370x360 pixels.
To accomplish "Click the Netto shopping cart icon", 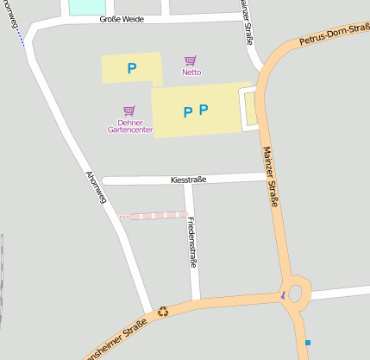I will point(191,61).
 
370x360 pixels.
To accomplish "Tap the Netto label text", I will point(191,73).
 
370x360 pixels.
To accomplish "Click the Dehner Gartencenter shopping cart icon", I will point(129,111).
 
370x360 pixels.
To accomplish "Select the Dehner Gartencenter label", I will point(130,126).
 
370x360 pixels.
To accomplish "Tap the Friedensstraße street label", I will point(191,243).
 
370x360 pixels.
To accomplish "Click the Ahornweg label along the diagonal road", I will point(96,186).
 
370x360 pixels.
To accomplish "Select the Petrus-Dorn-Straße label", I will point(333,35).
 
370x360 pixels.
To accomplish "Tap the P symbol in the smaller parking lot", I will point(132,68).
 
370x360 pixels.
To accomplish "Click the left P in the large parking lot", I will point(187,111).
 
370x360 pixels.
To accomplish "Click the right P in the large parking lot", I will point(204,110).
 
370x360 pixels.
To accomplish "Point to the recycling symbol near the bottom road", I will point(162,312).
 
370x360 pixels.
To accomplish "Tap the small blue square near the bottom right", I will point(307,343).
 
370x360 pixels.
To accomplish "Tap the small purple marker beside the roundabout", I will point(282,295).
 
